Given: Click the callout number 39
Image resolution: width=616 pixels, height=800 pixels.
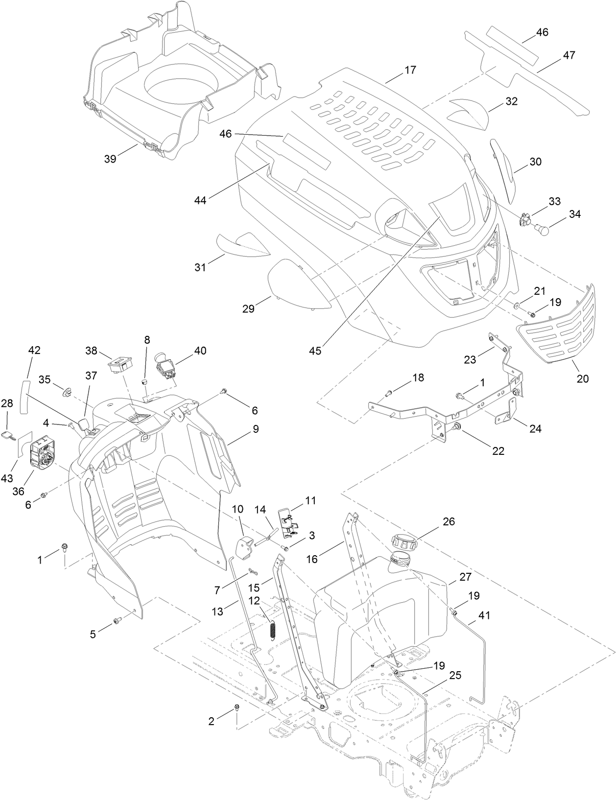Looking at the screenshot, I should (111, 159).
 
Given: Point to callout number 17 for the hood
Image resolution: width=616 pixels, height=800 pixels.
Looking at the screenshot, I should (410, 70).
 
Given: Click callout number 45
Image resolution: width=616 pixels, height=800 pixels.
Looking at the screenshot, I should (315, 351).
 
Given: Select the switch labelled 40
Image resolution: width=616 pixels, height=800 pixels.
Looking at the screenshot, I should (167, 365).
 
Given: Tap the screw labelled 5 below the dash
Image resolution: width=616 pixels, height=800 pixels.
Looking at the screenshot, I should (117, 621).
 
